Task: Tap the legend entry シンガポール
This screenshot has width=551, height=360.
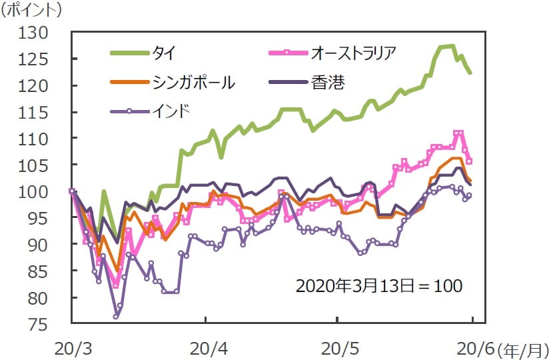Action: pyautogui.click(x=194, y=82)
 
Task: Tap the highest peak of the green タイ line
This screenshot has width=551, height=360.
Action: pyautogui.click(x=452, y=45)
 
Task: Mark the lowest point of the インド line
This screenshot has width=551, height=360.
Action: pyautogui.click(x=116, y=317)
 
